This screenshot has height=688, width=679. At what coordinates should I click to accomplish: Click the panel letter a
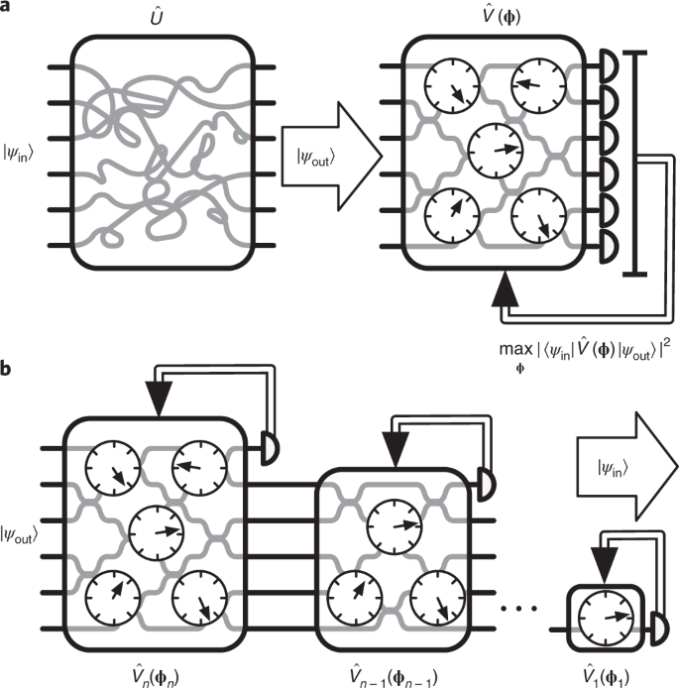point(4,7)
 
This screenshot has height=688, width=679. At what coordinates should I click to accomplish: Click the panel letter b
point(5,368)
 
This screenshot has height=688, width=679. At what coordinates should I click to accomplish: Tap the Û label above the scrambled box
point(157,18)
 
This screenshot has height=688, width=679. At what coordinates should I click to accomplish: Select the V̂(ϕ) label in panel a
point(501,17)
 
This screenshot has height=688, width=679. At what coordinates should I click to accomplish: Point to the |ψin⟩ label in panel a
point(18,154)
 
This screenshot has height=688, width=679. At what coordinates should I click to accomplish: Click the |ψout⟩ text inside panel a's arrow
point(315,158)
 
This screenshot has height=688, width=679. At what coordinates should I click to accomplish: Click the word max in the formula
point(515,350)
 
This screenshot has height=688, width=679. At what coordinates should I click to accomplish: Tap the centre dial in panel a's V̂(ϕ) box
point(496,150)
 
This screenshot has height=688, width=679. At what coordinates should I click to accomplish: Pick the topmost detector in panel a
point(609,66)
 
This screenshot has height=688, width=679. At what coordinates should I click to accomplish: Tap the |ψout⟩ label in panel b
point(19,534)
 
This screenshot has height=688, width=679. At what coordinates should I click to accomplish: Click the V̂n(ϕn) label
point(156,676)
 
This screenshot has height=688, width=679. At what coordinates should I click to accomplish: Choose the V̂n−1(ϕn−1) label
point(394,676)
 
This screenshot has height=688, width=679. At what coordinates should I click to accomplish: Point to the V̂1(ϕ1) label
point(606,676)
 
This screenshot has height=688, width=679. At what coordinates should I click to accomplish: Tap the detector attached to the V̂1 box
point(659,629)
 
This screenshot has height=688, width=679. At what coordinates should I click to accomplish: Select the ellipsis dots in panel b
point(518,609)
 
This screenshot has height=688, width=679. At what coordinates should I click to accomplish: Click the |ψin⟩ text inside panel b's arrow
point(613,468)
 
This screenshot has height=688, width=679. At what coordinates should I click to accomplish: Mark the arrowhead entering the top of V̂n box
point(159,399)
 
